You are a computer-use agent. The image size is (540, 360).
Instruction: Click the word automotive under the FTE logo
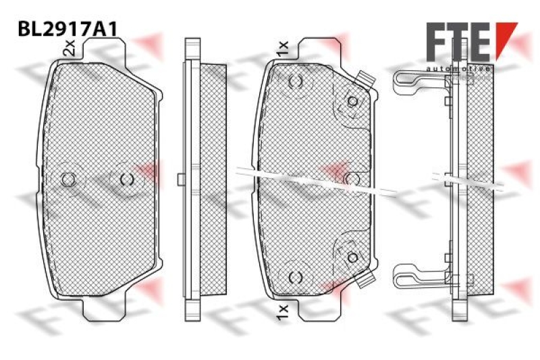point(459,69)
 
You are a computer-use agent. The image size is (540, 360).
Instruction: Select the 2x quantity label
point(68,47)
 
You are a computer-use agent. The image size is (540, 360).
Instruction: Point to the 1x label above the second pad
point(282,47)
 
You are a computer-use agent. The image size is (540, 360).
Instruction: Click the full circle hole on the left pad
point(67,179)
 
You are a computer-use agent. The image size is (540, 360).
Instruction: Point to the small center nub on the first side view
point(180,179)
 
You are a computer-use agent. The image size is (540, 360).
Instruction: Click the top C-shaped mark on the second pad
point(295,82)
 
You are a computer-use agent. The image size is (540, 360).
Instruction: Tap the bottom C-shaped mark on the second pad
point(295,277)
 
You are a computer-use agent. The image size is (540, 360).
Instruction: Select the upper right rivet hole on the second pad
point(352,101)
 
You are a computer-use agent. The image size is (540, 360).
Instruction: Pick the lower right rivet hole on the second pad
point(352,257)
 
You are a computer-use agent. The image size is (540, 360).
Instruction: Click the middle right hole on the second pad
point(352,178)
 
